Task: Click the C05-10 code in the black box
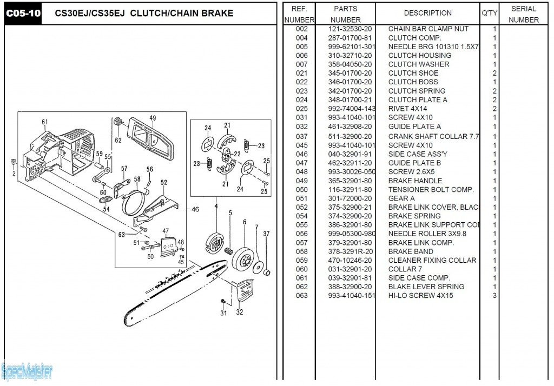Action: pos(23,13)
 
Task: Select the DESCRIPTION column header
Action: pos(427,13)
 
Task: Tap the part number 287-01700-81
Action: pos(349,38)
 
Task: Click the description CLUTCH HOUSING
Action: pos(419,55)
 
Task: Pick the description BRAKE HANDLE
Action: pos(415,181)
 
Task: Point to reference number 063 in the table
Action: pos(301,295)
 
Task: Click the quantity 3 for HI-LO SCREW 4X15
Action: pos(494,295)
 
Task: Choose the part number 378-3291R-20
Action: pos(349,251)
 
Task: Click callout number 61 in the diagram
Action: pos(45,122)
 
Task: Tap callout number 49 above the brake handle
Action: pos(153,118)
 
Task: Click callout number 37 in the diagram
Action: pos(266,234)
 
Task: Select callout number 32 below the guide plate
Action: pos(240,312)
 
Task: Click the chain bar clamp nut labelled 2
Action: pos(13,162)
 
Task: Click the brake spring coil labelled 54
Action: pos(103,201)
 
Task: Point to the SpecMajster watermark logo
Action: pos(27,371)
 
